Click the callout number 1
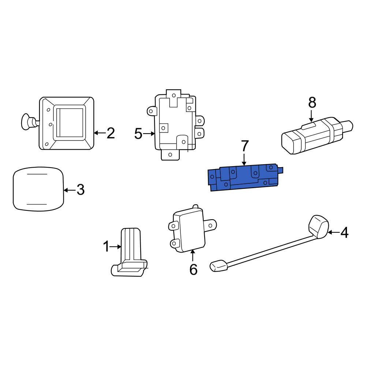tap(106, 246)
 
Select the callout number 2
tap(111, 133)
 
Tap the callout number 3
tap(81, 190)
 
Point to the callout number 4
tap(344, 232)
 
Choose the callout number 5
tap(138, 134)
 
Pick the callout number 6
tap(193, 269)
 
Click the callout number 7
tap(244, 146)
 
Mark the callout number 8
tap(312, 102)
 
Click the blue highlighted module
tap(245, 178)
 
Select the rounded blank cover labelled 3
tap(38, 189)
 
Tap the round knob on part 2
tap(27, 122)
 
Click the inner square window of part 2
tap(69, 123)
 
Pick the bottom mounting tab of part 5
tap(171, 154)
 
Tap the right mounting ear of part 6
tap(210, 225)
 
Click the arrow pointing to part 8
tap(311, 116)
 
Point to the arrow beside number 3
tap(70, 190)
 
